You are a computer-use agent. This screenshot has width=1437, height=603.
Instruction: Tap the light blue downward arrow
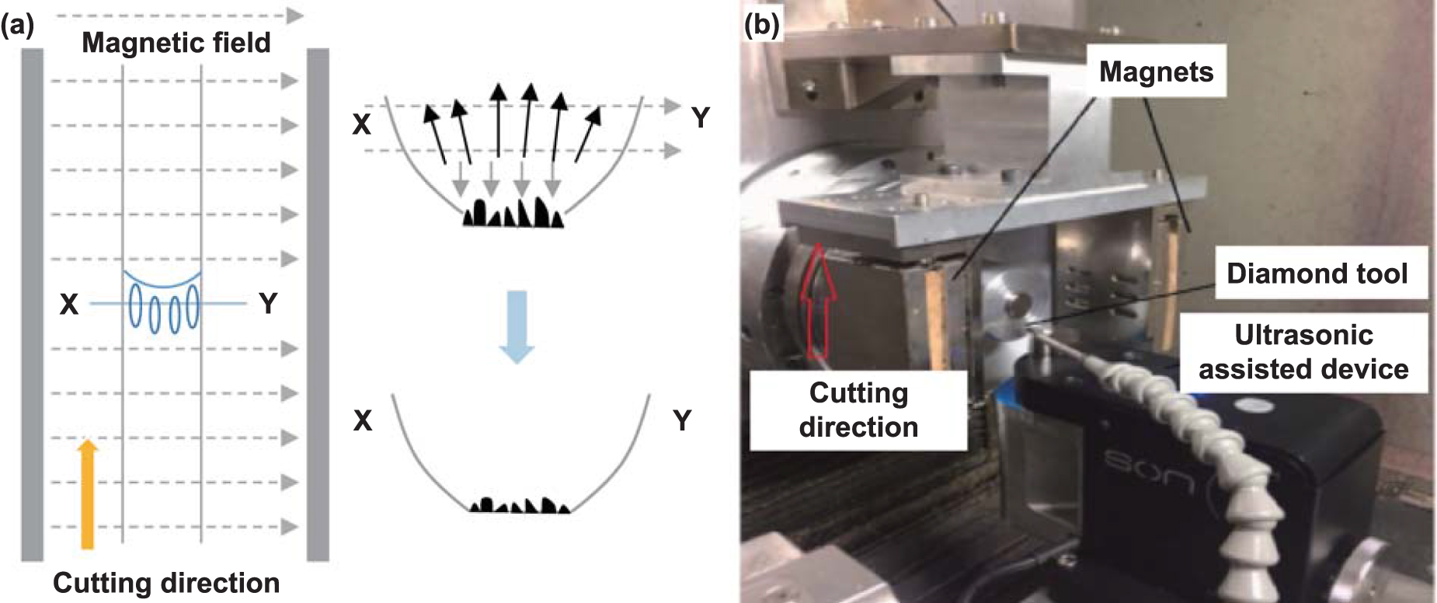(x=516, y=326)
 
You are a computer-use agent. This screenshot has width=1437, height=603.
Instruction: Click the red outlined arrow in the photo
(x=818, y=303)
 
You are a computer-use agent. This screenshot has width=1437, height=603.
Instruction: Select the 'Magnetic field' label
(x=176, y=42)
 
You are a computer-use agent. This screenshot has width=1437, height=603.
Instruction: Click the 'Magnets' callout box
(x=1156, y=71)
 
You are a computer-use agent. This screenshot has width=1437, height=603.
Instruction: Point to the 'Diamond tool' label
(x=1317, y=274)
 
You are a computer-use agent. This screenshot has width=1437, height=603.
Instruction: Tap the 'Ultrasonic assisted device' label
(x=1303, y=351)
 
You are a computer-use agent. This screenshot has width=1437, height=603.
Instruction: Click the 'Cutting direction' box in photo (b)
(x=858, y=410)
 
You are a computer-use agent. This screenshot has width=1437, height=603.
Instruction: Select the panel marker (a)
(x=17, y=25)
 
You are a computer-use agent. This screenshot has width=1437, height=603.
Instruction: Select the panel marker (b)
(x=760, y=25)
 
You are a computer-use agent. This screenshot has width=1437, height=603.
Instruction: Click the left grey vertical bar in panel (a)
(x=32, y=303)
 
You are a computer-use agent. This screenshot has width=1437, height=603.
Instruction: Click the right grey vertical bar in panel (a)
(x=318, y=303)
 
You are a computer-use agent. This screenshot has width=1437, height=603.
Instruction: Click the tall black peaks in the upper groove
(x=513, y=213)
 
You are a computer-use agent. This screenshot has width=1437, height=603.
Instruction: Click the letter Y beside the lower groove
(x=682, y=420)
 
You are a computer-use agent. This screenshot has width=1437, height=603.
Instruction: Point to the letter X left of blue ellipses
(x=69, y=304)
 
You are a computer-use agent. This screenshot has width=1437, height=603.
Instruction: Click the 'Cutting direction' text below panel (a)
(x=165, y=583)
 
